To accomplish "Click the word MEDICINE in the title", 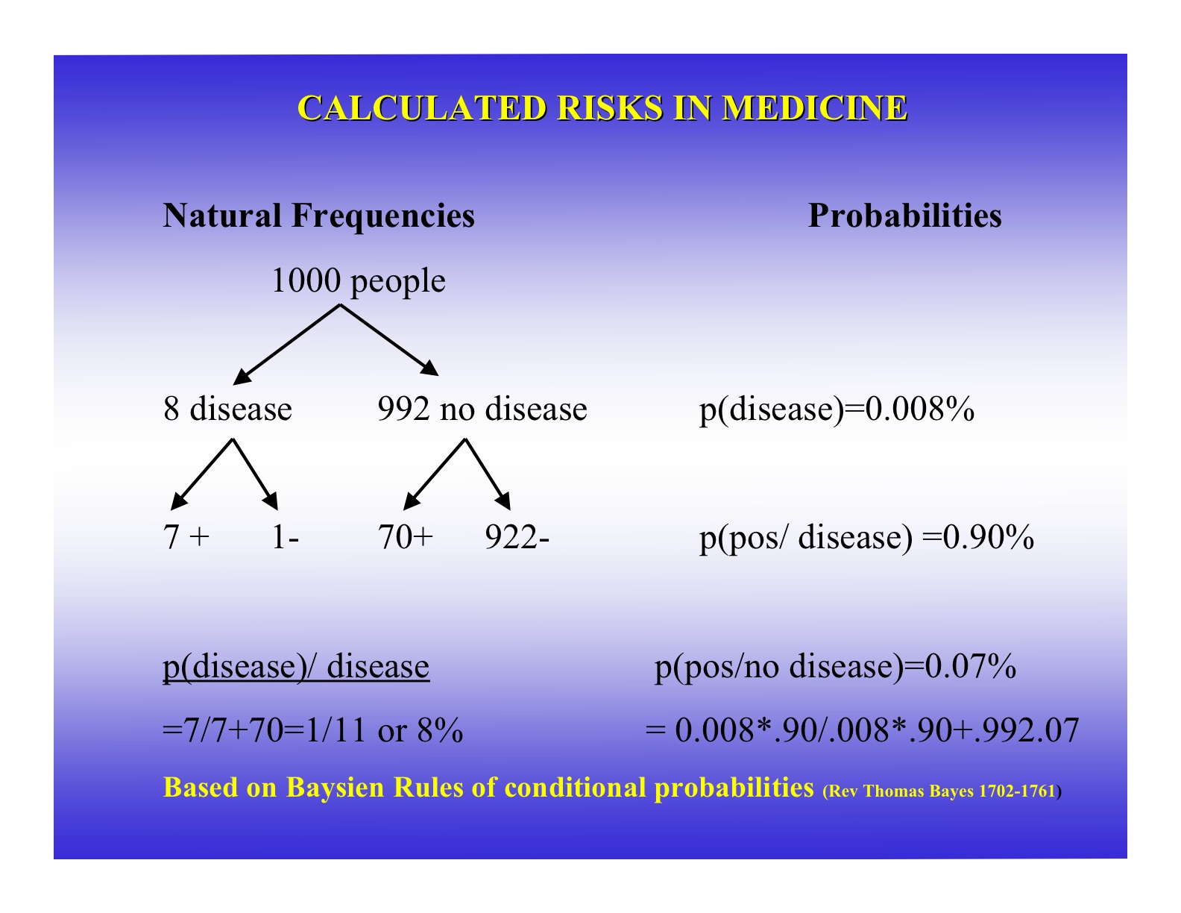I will click(x=814, y=108).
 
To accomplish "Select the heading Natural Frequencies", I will click(x=318, y=216).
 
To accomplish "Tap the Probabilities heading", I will click(x=904, y=216).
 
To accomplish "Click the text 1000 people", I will click(x=358, y=282).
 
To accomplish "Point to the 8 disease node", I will click(x=227, y=410).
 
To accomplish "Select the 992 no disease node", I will click(x=482, y=410).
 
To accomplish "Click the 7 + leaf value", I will click(x=186, y=538).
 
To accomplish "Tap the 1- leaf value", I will click(x=285, y=538).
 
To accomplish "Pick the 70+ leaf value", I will click(x=405, y=538).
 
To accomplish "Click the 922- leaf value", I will click(x=517, y=538).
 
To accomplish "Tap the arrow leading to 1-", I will click(x=255, y=474).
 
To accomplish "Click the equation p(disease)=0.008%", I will click(x=837, y=410).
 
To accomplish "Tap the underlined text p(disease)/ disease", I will click(x=296, y=666).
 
